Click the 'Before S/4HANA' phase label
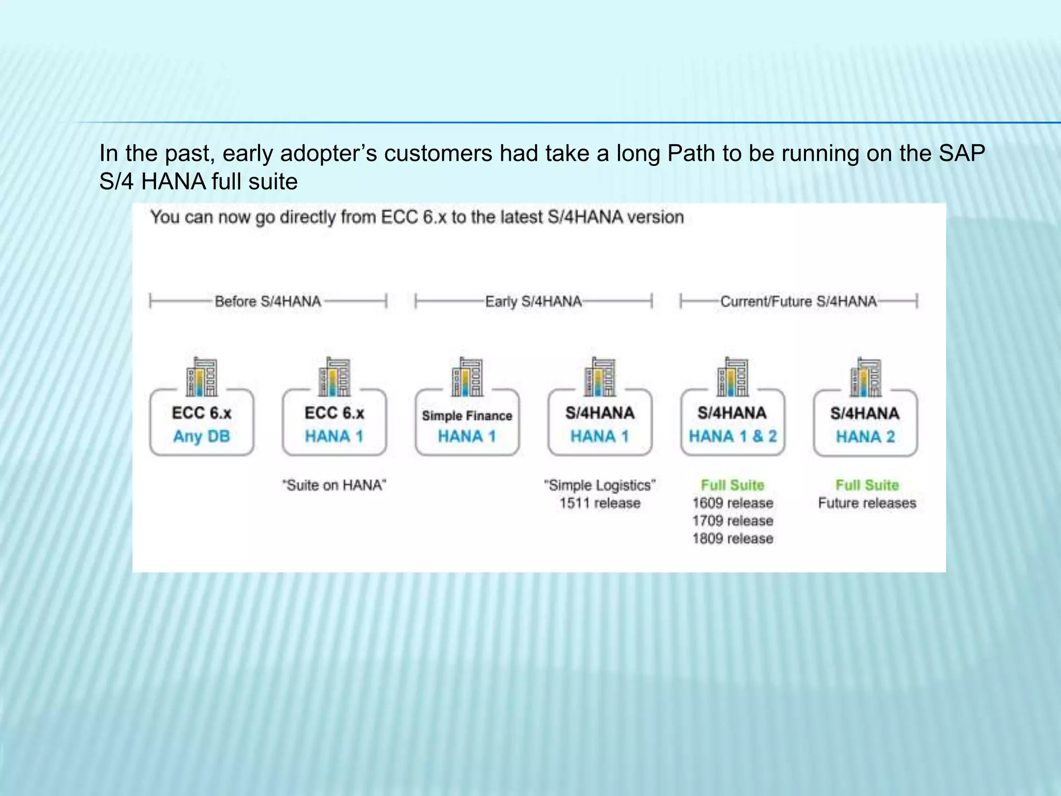pyautogui.click(x=268, y=302)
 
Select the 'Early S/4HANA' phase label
pyautogui.click(x=533, y=302)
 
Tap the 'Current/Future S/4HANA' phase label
pyautogui.click(x=798, y=302)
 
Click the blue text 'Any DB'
pyautogui.click(x=202, y=436)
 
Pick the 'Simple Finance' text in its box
pyautogui.click(x=467, y=416)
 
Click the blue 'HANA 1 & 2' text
pyautogui.click(x=733, y=436)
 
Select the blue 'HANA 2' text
pyautogui.click(x=865, y=437)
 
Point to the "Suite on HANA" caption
pyautogui.click(x=334, y=486)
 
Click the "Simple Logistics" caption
pyautogui.click(x=599, y=486)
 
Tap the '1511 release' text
pyautogui.click(x=599, y=503)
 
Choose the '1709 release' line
pyautogui.click(x=733, y=521)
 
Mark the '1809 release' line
pyautogui.click(x=733, y=538)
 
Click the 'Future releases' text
pyautogui.click(x=867, y=503)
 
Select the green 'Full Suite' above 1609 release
pyautogui.click(x=733, y=486)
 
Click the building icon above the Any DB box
pyautogui.click(x=202, y=377)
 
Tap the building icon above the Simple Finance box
pyautogui.click(x=467, y=377)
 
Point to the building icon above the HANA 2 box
pyautogui.click(x=865, y=377)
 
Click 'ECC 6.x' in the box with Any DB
pyautogui.click(x=202, y=413)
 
